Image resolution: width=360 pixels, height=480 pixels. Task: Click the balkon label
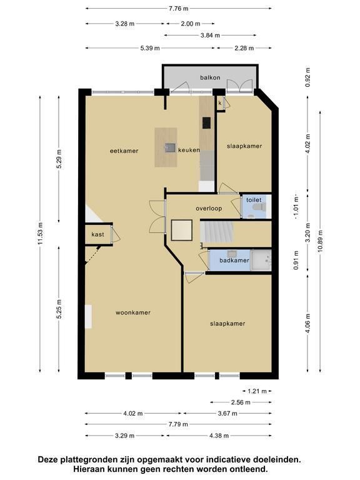[210, 77]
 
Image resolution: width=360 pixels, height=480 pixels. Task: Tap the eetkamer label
[124, 151]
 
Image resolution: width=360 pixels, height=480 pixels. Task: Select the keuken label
[189, 150]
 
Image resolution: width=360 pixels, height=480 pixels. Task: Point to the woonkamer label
[133, 312]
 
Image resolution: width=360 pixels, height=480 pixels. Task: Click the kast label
[97, 234]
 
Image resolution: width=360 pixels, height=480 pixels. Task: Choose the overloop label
[209, 209]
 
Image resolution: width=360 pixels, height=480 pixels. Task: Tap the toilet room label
[254, 200]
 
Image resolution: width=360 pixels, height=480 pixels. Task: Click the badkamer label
[234, 261]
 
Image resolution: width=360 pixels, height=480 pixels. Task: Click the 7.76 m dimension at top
[179, 9]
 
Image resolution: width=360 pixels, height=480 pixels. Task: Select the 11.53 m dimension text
[41, 233]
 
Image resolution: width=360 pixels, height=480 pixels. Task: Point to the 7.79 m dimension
[178, 424]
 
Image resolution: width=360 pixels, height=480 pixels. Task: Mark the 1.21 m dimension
[257, 391]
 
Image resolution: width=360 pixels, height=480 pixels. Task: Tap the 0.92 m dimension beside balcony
[307, 77]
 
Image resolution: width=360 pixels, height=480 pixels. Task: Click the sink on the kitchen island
[169, 147]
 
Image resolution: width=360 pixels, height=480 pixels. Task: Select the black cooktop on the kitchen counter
[206, 122]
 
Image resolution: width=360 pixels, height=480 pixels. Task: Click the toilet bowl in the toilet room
[259, 207]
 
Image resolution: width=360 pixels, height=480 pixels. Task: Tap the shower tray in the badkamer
[261, 260]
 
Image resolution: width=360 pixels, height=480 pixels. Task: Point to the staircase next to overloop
[217, 232]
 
